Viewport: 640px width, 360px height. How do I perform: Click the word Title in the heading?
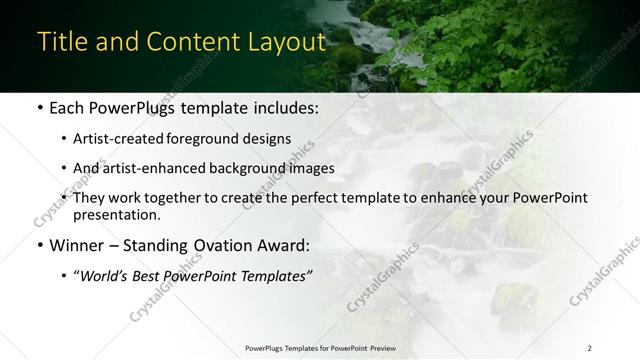(x=61, y=42)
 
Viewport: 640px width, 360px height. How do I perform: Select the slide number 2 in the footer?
(x=590, y=347)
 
